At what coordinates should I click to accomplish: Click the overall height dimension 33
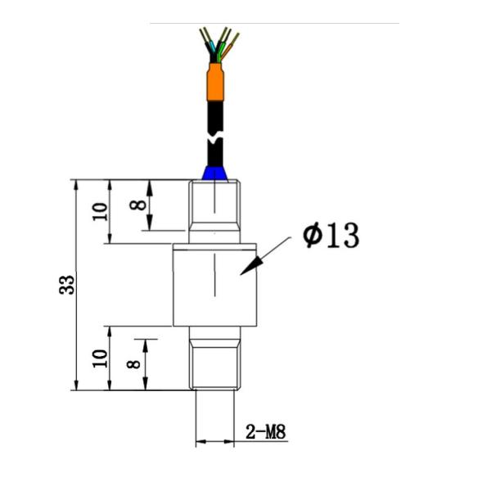69,285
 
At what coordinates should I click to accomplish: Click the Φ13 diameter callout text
331,236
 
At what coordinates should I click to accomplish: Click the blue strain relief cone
214,172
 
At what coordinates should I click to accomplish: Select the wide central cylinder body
214,283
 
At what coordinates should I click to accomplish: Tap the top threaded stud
214,211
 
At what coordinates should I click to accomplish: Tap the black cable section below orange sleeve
214,110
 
